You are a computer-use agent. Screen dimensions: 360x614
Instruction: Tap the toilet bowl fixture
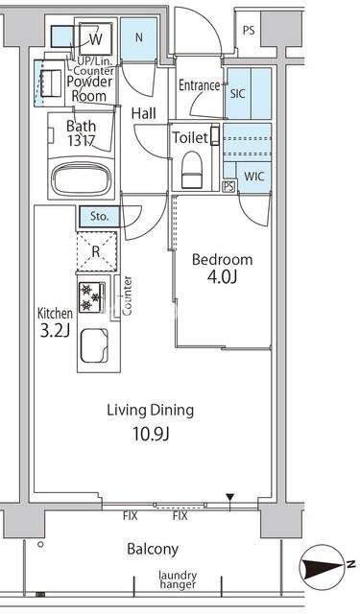(x=191, y=170)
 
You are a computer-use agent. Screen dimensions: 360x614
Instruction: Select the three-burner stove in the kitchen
(x=92, y=297)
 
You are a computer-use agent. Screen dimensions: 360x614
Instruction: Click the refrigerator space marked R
(x=96, y=251)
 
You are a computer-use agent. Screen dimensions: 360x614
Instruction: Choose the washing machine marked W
(x=96, y=38)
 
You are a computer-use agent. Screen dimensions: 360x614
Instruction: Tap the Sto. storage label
(x=99, y=217)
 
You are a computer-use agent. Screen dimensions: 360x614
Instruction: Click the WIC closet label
(x=253, y=177)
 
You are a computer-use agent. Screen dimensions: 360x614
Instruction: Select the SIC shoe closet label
(x=237, y=94)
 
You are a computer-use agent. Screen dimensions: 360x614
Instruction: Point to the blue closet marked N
(x=138, y=38)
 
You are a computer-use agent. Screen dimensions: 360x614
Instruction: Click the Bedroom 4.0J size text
(x=222, y=277)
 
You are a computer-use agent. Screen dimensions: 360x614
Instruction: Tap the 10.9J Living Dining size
(x=151, y=435)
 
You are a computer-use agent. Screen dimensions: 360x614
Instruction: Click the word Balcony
(x=153, y=550)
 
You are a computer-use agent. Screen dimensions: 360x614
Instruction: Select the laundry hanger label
(x=178, y=579)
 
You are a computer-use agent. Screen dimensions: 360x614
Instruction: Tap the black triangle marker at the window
(x=230, y=497)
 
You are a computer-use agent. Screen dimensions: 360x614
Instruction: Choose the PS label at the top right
(x=249, y=31)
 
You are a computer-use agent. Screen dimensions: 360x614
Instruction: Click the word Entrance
(x=199, y=85)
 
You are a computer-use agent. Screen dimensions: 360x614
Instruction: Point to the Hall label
(x=144, y=113)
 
